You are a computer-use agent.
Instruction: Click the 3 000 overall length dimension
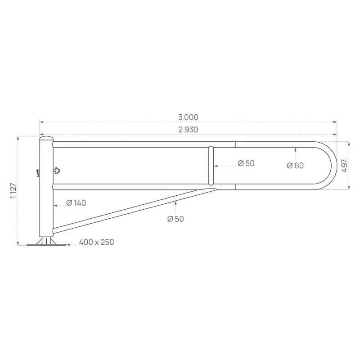pyautogui.click(x=188, y=117)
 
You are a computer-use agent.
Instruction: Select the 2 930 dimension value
pyautogui.click(x=188, y=130)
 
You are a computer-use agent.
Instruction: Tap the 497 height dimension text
pyautogui.click(x=344, y=166)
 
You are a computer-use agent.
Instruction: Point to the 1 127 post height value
pyautogui.click(x=13, y=191)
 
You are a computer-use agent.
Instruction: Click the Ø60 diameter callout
pyautogui.click(x=295, y=166)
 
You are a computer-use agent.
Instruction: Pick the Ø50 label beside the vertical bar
pyautogui.click(x=246, y=163)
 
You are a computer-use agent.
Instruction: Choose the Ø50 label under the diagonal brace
pyautogui.click(x=175, y=219)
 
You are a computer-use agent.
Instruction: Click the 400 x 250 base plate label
pyautogui.click(x=96, y=242)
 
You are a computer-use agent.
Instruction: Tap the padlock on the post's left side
pyautogui.click(x=37, y=172)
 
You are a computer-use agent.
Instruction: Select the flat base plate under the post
pyautogui.click(x=46, y=245)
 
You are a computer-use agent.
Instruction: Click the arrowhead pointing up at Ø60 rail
pyautogui.click(x=295, y=149)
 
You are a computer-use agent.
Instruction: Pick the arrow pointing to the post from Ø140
pyautogui.click(x=55, y=205)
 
